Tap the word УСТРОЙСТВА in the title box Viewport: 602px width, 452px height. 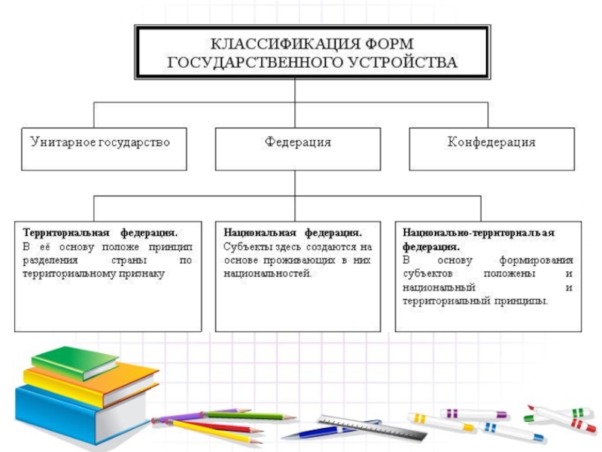coord(403,62)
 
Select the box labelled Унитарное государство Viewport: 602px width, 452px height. coord(99,142)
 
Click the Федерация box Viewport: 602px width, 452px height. coord(296,142)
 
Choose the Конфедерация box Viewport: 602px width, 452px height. coord(491,142)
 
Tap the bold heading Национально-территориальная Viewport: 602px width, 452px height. coord(479,233)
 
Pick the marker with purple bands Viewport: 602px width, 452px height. coord(473,413)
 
